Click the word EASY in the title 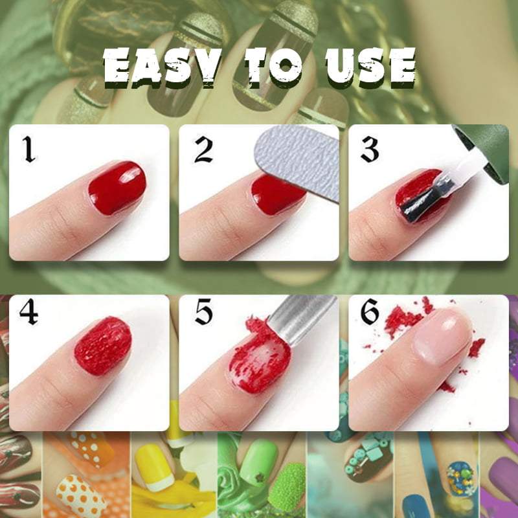coord(163,67)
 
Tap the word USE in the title coord(370,67)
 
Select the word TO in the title coord(274,67)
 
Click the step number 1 coord(29,150)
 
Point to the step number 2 coord(203,150)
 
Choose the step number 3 coord(369,150)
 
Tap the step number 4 coord(28,312)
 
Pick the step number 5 coord(203,312)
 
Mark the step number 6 coord(370,312)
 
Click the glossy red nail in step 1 coord(117,188)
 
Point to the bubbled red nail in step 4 coord(103,346)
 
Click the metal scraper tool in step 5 coord(299,319)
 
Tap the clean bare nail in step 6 coord(441,335)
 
